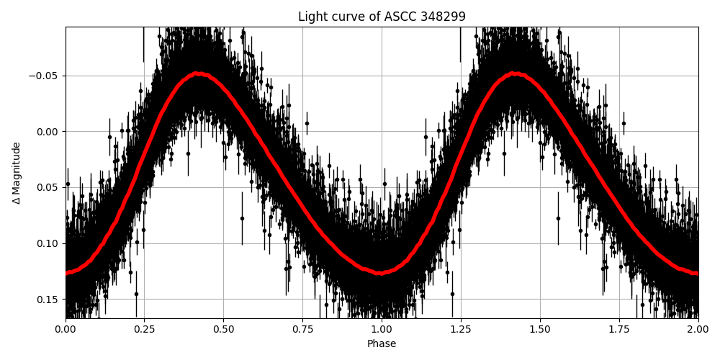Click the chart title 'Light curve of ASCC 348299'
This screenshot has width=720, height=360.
pos(382,17)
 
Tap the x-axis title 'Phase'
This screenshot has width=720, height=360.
pos(382,344)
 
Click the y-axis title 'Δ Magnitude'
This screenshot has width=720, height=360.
pos(17,173)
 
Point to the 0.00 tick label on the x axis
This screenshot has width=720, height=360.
pos(66,330)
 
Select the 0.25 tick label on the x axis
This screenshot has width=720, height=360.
pos(145,330)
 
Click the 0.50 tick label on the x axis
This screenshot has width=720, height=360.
pos(224,330)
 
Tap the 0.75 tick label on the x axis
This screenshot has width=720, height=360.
pos(302,330)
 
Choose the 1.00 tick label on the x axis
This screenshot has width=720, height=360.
pos(382,330)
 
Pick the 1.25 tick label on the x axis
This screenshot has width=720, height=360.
pos(461,330)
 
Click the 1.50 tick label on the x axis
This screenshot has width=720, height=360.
pos(540,330)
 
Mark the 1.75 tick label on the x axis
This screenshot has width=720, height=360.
pos(619,330)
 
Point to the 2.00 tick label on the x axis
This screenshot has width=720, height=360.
pos(698,330)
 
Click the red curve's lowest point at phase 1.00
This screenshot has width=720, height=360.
pos(382,273)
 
